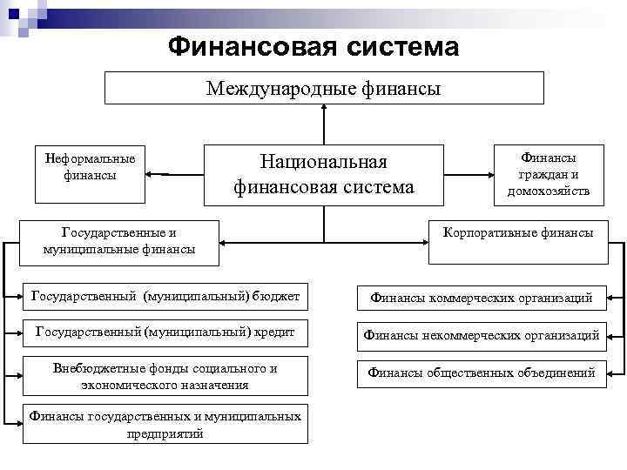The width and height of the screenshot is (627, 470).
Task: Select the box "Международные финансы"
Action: pos(324,88)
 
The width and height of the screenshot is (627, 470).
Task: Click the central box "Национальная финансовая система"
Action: pos(324,174)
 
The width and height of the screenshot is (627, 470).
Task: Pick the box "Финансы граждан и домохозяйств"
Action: pos(549,173)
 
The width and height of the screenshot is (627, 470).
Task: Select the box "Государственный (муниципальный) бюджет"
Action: pos(165,297)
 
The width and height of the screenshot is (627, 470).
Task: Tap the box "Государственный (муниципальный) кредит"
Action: pos(165,332)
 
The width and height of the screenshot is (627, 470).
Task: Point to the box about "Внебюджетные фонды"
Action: pos(165,376)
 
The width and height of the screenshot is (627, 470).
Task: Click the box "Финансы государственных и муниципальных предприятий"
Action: pos(165,425)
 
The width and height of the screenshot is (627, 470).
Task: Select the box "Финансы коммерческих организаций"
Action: pos(482,298)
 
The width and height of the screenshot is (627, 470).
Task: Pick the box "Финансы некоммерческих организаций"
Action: pos(482,334)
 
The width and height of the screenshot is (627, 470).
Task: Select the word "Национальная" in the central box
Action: pos(323,162)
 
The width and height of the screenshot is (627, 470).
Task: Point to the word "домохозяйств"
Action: pos(549,191)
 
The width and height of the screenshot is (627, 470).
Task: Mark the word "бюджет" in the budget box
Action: pos(278,297)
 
